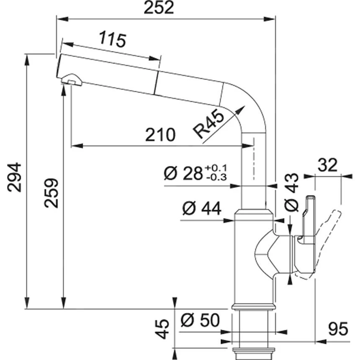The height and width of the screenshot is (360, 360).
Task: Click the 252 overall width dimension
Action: point(159,8)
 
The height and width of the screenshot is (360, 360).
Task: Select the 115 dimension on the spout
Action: point(113,40)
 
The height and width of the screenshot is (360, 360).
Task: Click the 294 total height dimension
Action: point(15,177)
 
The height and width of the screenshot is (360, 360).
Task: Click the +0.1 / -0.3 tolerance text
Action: point(216,173)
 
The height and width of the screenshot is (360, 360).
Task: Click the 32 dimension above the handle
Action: point(327,165)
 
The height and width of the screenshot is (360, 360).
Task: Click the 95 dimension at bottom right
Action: point(338,329)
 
